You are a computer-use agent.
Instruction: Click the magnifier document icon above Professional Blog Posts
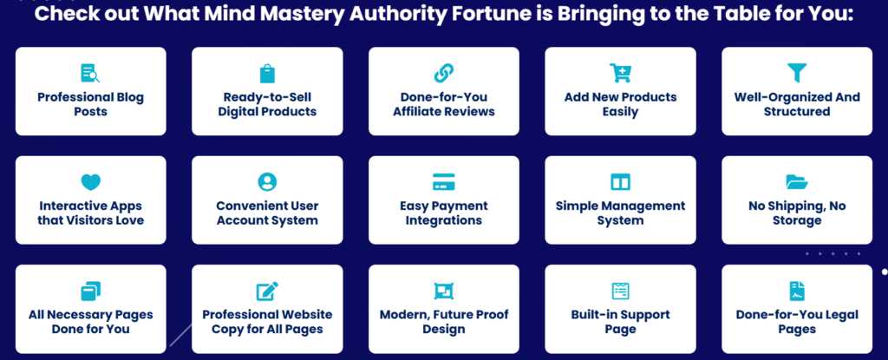[x=90, y=73]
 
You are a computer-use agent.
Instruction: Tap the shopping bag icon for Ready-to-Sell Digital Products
[x=267, y=73]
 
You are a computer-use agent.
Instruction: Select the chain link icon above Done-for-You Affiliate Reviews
[x=443, y=73]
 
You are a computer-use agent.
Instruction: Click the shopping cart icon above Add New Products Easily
[x=620, y=73]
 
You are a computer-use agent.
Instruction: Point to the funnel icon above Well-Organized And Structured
[x=797, y=73]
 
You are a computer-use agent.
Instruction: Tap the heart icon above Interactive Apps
[x=90, y=182]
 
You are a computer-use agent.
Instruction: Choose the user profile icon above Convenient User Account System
[x=267, y=182]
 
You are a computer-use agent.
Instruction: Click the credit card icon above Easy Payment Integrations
[x=443, y=182]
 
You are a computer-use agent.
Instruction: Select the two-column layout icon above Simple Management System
[x=620, y=182]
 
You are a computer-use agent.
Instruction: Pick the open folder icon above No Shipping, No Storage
[x=797, y=182]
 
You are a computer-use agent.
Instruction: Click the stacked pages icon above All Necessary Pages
[x=90, y=291]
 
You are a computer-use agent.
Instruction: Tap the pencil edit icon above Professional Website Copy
[x=267, y=291]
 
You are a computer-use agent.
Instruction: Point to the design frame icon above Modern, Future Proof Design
[x=443, y=291]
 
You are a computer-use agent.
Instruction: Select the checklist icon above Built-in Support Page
[x=620, y=291]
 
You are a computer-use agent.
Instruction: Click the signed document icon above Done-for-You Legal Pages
[x=797, y=291]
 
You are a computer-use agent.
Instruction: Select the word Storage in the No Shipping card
[x=797, y=220]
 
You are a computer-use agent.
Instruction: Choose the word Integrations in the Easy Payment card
[x=444, y=220]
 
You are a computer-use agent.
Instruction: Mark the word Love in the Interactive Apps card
[x=129, y=220]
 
